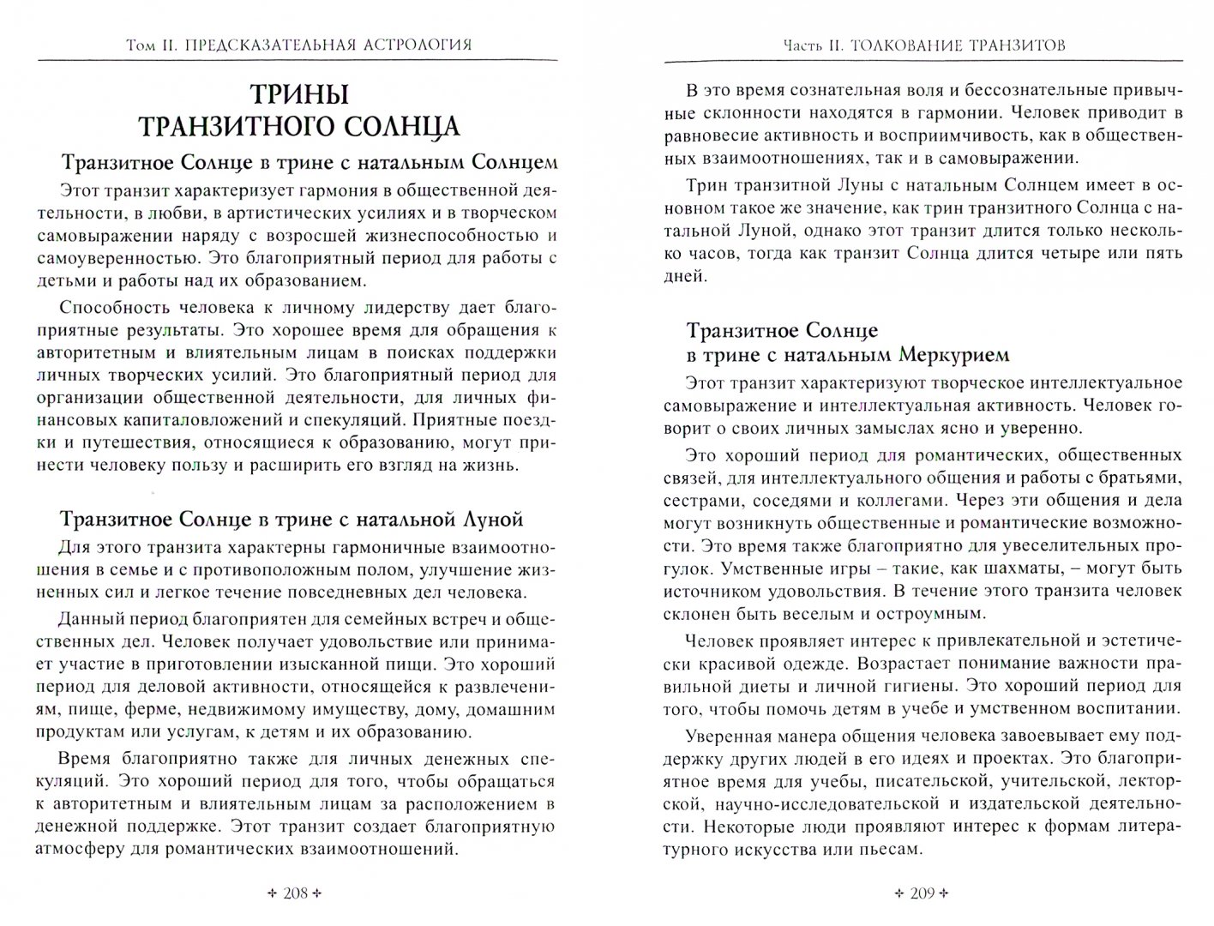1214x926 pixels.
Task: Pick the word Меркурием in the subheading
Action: click(x=953, y=354)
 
